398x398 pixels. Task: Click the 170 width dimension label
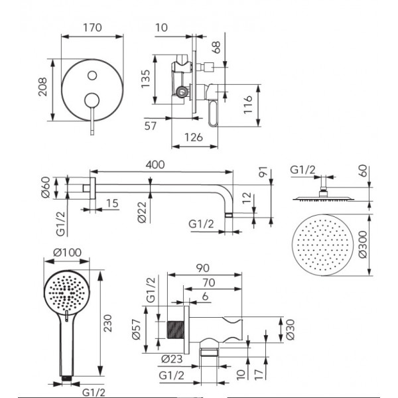coord(93,27)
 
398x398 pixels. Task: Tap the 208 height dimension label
coord(42,87)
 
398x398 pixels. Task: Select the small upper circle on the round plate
coord(92,76)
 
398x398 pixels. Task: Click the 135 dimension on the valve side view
coord(145,79)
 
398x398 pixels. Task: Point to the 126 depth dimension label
coord(194,137)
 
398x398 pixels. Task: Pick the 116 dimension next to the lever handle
coord(248,105)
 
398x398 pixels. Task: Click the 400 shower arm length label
coord(155,165)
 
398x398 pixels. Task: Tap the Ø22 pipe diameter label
coord(143,212)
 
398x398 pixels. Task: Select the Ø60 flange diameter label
coord(46,188)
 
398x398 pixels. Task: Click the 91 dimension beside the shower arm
coord(263,172)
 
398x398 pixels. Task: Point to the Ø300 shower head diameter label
coord(363,244)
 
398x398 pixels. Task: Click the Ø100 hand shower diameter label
coord(67,253)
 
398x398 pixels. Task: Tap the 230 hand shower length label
coord(108,323)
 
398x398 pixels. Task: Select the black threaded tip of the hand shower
coord(67,379)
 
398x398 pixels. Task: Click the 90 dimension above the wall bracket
coord(203,268)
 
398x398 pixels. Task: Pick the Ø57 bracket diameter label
coord(136,329)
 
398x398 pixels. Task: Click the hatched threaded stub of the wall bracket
coord(176,330)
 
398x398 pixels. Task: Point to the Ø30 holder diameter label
coord(290,330)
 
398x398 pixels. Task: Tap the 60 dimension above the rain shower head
coord(364,171)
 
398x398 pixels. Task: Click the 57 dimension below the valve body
coord(151,126)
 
